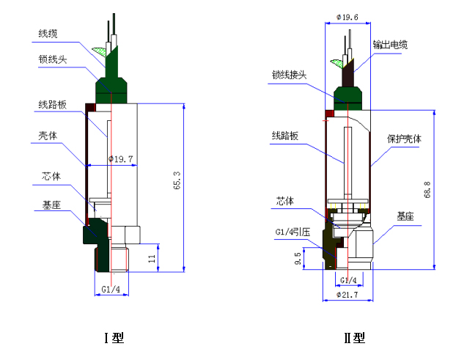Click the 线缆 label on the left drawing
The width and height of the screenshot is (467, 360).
pyautogui.click(x=48, y=33)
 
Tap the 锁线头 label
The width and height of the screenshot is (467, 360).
pyautogui.click(x=53, y=59)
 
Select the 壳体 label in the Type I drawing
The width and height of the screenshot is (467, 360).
pyautogui.click(x=48, y=136)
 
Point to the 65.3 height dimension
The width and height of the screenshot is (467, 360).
pyautogui.click(x=177, y=180)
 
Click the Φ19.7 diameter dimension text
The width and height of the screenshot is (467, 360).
pyautogui.click(x=121, y=159)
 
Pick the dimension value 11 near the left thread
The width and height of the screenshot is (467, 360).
pyautogui.click(x=152, y=259)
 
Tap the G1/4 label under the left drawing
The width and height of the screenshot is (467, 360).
pyautogui.click(x=111, y=289)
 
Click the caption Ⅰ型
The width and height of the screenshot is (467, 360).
pyautogui.click(x=114, y=338)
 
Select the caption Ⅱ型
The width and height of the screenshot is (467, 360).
pyautogui.click(x=354, y=338)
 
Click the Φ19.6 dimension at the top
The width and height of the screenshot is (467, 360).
pyautogui.click(x=348, y=18)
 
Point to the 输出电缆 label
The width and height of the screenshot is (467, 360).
pyautogui.click(x=390, y=45)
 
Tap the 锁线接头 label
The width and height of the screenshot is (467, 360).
pyautogui.click(x=289, y=75)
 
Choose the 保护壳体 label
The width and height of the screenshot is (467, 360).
pyautogui.click(x=404, y=139)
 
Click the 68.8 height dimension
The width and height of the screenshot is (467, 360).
pyautogui.click(x=427, y=190)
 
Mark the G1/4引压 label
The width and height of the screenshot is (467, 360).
pyautogui.click(x=293, y=232)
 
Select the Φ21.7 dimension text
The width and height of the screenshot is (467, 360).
pyautogui.click(x=348, y=295)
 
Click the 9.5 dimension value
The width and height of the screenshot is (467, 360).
pyautogui.click(x=298, y=259)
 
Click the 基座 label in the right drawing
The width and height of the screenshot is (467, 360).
pyautogui.click(x=405, y=216)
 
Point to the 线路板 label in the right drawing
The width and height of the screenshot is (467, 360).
pyautogui.click(x=285, y=136)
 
